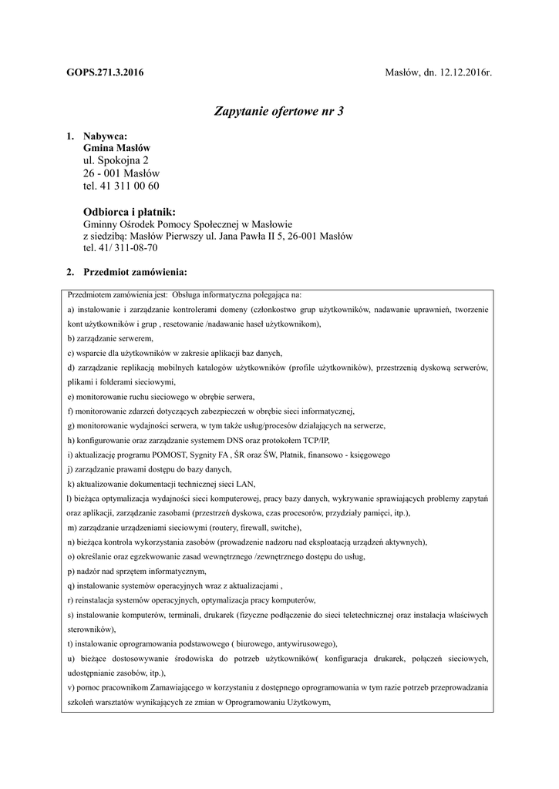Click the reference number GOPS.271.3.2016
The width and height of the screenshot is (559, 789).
(x=106, y=72)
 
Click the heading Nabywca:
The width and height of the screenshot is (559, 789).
(x=105, y=136)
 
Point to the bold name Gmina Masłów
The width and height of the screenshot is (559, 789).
(x=116, y=147)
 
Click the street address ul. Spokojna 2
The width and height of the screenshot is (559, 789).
(x=116, y=160)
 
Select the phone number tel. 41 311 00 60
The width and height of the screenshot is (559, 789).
(x=121, y=186)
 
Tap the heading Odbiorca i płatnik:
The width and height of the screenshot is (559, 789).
(x=129, y=211)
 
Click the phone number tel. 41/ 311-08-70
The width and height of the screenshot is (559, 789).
(x=120, y=248)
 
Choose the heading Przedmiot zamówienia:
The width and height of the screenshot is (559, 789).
(x=135, y=272)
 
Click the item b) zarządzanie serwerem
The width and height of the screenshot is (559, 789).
(x=111, y=338)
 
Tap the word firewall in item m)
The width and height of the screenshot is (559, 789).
(x=258, y=528)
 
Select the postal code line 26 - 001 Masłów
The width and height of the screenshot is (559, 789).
(x=121, y=173)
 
